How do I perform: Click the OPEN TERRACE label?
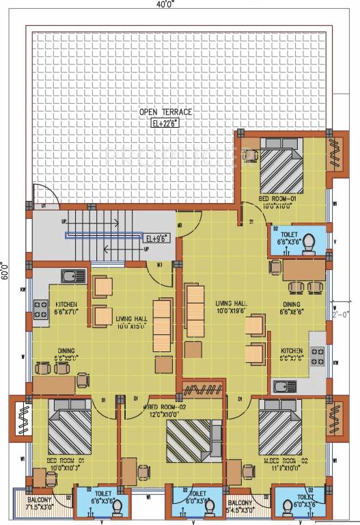(165, 112)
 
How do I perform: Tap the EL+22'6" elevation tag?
(165, 123)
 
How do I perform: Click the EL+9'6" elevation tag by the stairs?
(156, 239)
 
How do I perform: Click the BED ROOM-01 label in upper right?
(277, 198)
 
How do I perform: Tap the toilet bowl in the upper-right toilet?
(309, 241)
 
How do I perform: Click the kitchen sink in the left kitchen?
(71, 276)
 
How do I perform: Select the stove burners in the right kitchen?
(318, 355)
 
